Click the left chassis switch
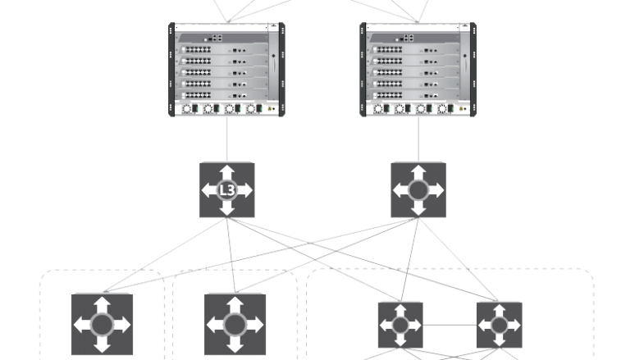pyautogui.click(x=226, y=70)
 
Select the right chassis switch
pyautogui.click(x=418, y=70)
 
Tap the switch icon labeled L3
pyautogui.click(x=227, y=189)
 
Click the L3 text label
pyautogui.click(x=227, y=190)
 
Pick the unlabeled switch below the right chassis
pyautogui.click(x=418, y=189)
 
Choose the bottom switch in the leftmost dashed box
pyautogui.click(x=102, y=324)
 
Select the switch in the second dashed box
pyautogui.click(x=235, y=324)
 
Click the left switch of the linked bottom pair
pyautogui.click(x=400, y=324)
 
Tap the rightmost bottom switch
pyautogui.click(x=499, y=324)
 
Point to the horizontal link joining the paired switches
pyautogui.click(x=450, y=325)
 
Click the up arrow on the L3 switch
pyautogui.click(x=227, y=171)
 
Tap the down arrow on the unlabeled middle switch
pyautogui.click(x=418, y=209)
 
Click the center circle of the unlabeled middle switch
pyautogui.click(x=418, y=190)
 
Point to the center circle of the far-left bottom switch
pyautogui.click(x=102, y=325)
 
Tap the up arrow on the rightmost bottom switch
pyautogui.click(x=499, y=309)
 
